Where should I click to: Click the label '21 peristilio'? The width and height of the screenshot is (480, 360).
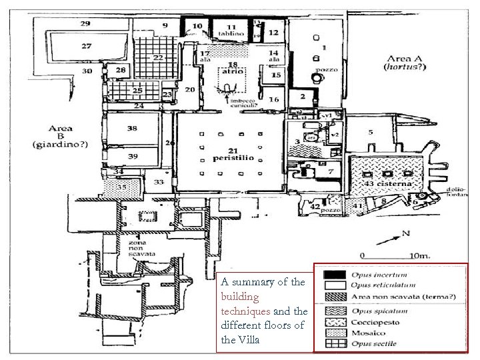pos(229,155)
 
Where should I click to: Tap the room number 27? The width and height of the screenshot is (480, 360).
pos(87,46)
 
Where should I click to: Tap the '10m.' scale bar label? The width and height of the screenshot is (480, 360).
pos(421,255)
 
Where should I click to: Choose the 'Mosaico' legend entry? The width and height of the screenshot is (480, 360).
pos(372,331)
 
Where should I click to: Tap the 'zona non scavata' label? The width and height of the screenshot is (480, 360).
pos(142,249)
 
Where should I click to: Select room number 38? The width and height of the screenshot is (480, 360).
pos(132,128)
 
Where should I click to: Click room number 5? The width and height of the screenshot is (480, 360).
pos(371,133)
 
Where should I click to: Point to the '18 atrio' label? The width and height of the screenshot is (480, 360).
pos(233,67)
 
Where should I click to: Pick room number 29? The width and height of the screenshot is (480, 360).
pos(85,23)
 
